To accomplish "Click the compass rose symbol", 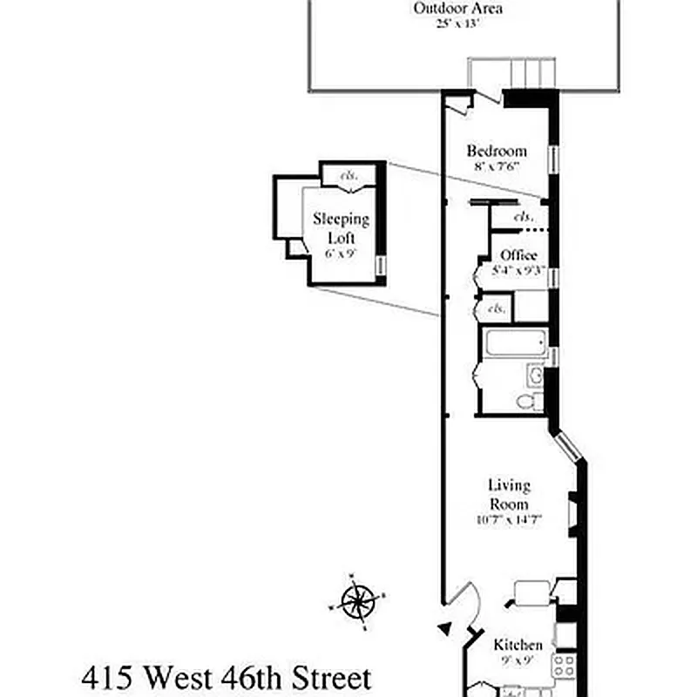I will coord(357,601).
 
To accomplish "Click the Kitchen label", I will coord(518,646).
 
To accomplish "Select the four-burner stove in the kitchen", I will coord(563,667).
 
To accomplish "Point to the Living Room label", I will coord(509,494).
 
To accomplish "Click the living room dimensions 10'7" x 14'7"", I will coord(509,521).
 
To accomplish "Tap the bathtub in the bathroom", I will coord(513,344).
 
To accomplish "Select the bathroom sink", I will coord(537,376).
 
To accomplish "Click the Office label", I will coord(518,255).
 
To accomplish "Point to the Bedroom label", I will coord(496,151).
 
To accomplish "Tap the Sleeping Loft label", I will coord(342,228).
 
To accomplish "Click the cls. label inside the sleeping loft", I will coord(348,174).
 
